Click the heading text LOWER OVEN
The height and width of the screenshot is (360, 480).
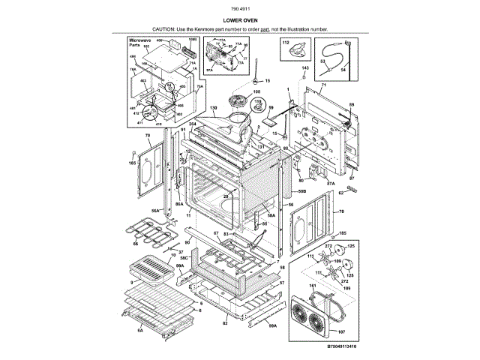click(240, 21)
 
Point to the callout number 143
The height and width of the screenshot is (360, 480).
click(304, 68)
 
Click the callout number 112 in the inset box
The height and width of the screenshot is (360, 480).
click(286, 43)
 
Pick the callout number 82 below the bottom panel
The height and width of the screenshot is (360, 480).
click(224, 323)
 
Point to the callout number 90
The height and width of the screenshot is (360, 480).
click(187, 242)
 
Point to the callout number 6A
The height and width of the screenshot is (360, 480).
click(140, 330)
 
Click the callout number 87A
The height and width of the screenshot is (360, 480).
click(331, 182)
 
